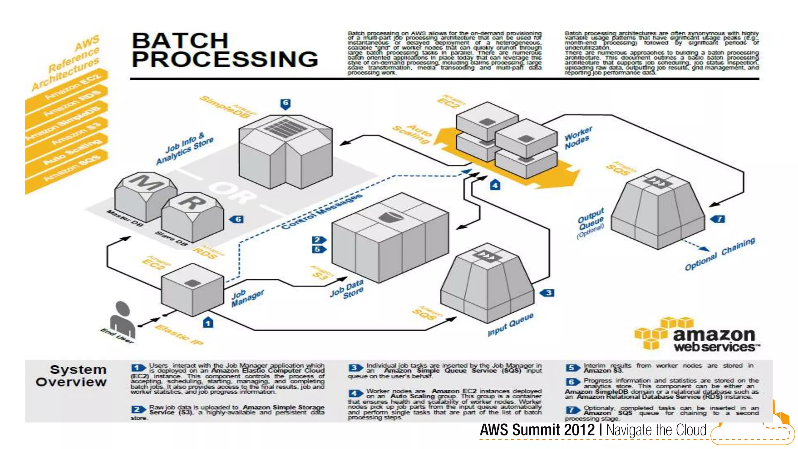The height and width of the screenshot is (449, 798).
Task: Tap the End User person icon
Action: [122, 320]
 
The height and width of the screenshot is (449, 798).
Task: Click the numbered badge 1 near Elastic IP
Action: [208, 323]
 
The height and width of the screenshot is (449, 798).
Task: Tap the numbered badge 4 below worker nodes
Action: [495, 185]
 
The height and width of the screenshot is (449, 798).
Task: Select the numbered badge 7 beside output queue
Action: [719, 219]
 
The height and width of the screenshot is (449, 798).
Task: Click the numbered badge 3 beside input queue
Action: [548, 293]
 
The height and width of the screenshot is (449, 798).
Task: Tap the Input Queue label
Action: [510, 324]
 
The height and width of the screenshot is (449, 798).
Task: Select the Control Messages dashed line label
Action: [321, 211]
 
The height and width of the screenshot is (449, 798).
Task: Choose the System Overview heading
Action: [72, 375]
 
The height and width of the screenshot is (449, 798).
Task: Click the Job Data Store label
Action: [347, 289]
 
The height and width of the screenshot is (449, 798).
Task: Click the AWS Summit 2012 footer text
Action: [593, 430]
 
